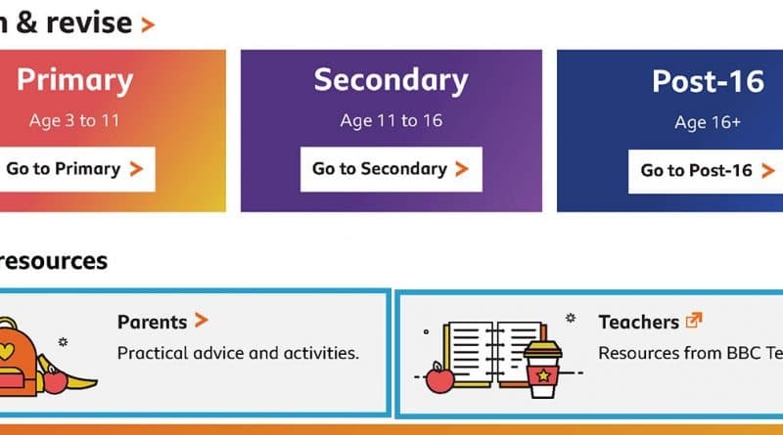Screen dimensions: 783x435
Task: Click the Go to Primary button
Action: pos(76,169)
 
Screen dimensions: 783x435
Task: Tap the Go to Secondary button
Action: pos(391,169)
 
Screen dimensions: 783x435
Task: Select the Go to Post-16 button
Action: pos(706,171)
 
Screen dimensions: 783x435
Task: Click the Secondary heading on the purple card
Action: pos(391,80)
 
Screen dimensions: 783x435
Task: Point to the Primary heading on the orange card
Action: pos(75,80)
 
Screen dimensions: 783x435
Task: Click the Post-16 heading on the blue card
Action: pos(708,81)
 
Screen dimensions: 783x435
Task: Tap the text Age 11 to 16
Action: pos(391,120)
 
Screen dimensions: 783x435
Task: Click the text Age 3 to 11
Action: pos(74,120)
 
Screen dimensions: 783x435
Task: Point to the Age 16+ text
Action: pos(708,122)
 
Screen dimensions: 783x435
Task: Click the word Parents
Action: pos(153,323)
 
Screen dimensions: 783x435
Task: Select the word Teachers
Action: pos(639,323)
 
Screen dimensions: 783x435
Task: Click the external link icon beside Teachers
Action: pos(694,320)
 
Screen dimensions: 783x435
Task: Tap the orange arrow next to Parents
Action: pos(202,321)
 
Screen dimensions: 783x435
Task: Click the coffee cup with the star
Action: pos(543,370)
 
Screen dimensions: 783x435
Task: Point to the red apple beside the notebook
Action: pos(439,378)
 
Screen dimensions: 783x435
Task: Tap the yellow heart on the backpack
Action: pos(6,351)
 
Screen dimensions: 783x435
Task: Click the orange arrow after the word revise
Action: pos(148,24)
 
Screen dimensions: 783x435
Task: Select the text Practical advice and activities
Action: pos(238,353)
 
